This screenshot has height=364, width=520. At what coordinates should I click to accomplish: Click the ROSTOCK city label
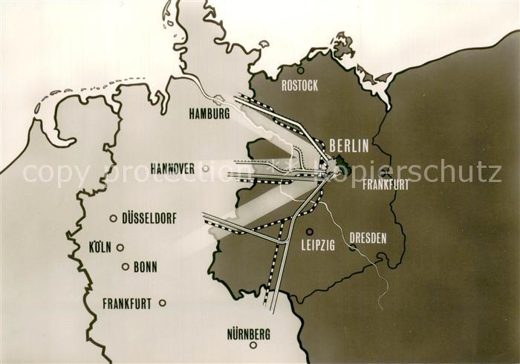(x=300, y=85)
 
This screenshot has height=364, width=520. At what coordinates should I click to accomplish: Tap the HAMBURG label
(x=209, y=114)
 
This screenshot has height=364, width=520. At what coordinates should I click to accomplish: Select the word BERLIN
(x=348, y=146)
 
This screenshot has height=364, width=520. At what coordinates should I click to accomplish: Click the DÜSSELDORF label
(x=154, y=218)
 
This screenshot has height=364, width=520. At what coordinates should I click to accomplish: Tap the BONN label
(x=145, y=267)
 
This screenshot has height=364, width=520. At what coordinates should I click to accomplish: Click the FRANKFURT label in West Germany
(x=127, y=303)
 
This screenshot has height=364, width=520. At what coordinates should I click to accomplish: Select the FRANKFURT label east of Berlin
(x=386, y=185)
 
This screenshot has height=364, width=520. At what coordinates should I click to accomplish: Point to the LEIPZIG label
(x=319, y=244)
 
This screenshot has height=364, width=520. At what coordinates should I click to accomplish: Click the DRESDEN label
(x=368, y=238)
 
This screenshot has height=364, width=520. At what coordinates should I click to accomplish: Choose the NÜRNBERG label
(x=249, y=335)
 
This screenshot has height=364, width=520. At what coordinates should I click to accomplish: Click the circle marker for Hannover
(x=206, y=169)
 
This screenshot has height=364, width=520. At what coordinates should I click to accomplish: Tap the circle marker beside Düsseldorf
(x=113, y=218)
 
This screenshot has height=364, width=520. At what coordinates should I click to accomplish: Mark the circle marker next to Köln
(x=120, y=247)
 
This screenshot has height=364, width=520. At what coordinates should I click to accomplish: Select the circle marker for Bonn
(x=126, y=267)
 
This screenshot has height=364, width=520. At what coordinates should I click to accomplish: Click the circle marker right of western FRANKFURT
(x=162, y=302)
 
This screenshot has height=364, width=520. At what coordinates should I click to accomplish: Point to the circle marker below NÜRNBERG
(x=253, y=345)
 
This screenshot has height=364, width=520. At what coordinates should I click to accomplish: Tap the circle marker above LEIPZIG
(x=310, y=231)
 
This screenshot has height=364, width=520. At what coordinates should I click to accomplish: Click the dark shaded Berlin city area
(x=340, y=163)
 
